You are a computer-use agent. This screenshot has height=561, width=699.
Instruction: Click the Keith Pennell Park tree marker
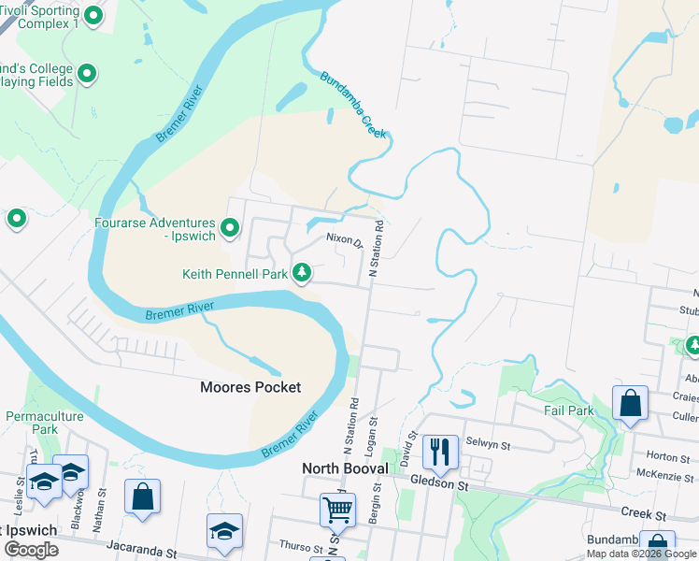pyautogui.click(x=301, y=273)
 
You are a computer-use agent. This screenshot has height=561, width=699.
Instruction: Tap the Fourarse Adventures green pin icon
pyautogui.click(x=230, y=227)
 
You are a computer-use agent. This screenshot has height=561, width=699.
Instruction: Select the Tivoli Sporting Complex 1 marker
pyautogui.click(x=93, y=16)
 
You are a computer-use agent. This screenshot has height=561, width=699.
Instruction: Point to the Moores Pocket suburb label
pyautogui.click(x=251, y=387)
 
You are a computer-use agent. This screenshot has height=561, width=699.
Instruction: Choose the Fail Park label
pyautogui.click(x=569, y=410)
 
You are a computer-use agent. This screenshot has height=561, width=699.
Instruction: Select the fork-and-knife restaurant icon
pyautogui.click(x=439, y=452)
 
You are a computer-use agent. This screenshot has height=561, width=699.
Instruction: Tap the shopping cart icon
pyautogui.click(x=337, y=511)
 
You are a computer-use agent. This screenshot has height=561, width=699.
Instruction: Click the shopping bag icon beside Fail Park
pyautogui.click(x=631, y=404)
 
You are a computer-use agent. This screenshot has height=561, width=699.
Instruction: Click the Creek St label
pyautogui.click(x=644, y=514)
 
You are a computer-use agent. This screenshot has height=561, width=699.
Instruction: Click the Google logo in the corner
pyautogui.click(x=31, y=550)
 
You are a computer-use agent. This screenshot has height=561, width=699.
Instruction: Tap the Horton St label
pyautogui.click(x=668, y=455)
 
